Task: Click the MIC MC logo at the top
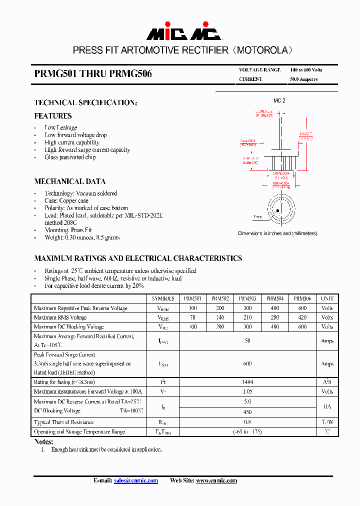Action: click(x=183, y=31)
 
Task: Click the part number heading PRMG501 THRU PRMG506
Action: click(x=93, y=74)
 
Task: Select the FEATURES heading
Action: click(x=52, y=116)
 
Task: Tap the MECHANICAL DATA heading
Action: click(x=69, y=181)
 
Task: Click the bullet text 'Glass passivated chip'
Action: click(x=70, y=157)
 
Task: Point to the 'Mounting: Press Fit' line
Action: click(x=68, y=230)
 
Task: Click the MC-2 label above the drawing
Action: click(x=279, y=100)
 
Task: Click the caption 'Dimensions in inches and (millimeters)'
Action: click(x=277, y=233)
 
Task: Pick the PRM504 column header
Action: click(x=274, y=298)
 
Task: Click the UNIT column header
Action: click(x=327, y=298)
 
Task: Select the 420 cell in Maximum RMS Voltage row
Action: click(x=302, y=317)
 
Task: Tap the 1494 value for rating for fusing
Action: click(x=247, y=382)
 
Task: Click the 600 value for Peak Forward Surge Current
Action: click(x=247, y=363)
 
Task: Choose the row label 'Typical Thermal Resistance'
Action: click(x=63, y=422)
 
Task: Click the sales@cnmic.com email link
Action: click(x=135, y=480)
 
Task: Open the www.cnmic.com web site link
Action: click(x=216, y=480)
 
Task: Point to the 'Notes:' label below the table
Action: click(x=43, y=442)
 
